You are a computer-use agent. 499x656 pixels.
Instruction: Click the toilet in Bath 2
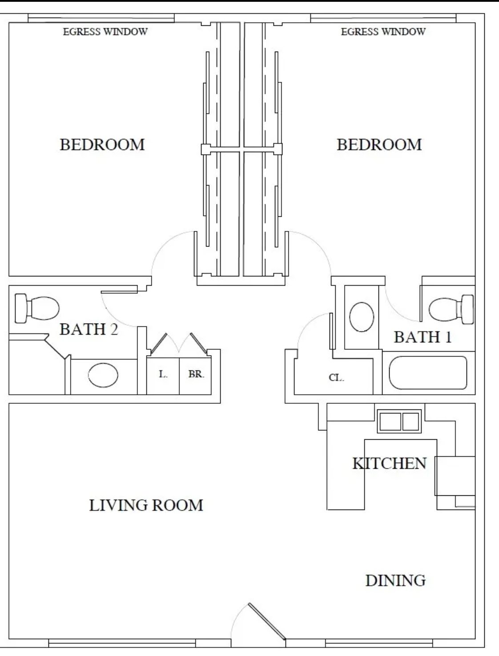[x=37, y=308]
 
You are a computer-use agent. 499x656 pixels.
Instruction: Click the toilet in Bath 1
[x=451, y=309]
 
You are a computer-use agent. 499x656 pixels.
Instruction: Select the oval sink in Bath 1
[x=361, y=317]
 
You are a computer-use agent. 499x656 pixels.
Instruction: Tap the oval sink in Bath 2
[x=103, y=375]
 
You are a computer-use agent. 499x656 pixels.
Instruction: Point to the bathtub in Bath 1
[x=428, y=373]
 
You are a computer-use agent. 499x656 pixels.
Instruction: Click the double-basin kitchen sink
[x=399, y=421]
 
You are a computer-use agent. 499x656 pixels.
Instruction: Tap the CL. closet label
[x=336, y=378]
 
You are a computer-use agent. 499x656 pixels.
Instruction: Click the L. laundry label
[x=163, y=374]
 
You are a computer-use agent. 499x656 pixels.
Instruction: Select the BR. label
[x=196, y=374]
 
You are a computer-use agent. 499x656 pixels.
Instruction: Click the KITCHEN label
[x=390, y=463]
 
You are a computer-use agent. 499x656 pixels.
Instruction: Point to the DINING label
[x=395, y=580]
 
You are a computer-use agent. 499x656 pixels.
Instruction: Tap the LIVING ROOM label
[x=146, y=505]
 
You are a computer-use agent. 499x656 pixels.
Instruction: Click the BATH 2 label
[x=89, y=329]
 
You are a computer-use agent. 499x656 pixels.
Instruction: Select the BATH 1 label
[x=423, y=337]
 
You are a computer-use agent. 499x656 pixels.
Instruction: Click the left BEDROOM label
[x=102, y=144]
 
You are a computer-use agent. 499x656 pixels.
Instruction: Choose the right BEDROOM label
[x=379, y=144]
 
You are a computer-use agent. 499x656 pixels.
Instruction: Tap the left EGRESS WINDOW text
[x=105, y=32]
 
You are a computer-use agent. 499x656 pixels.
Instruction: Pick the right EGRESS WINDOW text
[x=383, y=32]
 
